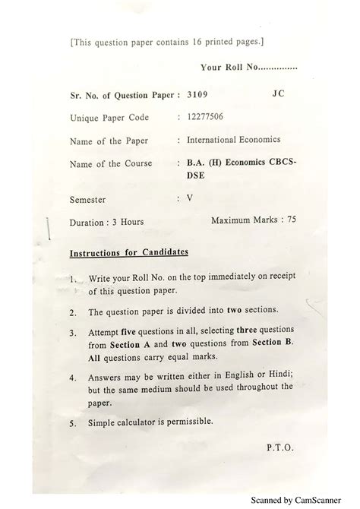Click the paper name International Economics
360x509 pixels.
[233, 139]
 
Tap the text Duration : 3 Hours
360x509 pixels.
[106, 222]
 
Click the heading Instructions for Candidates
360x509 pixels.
[129, 252]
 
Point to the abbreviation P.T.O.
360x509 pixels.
[280, 448]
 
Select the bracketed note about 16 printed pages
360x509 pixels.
[167, 43]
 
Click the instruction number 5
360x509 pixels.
[73, 422]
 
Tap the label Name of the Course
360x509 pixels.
[110, 164]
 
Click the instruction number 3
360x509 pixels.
[73, 333]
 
